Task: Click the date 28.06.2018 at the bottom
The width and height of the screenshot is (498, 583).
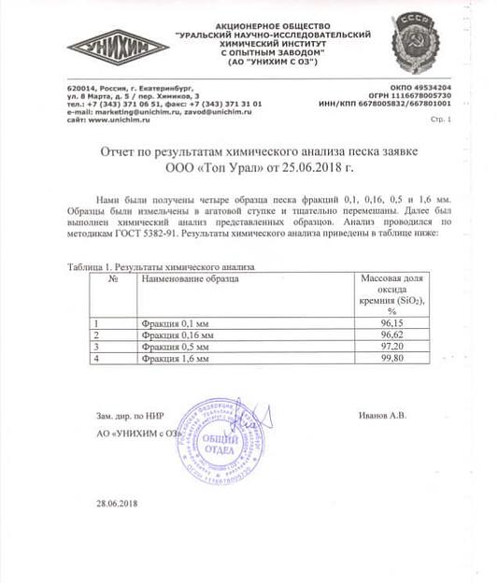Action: coord(116,505)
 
